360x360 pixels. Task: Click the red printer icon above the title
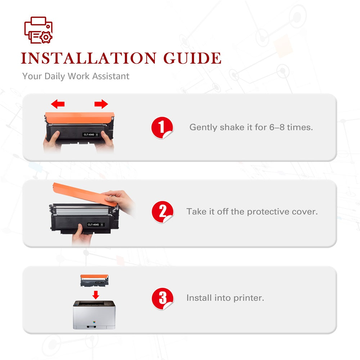coord(39,30)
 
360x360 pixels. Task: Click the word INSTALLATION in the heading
coord(89,58)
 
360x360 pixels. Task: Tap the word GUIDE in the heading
coord(192,58)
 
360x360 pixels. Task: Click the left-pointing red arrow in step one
coord(58,104)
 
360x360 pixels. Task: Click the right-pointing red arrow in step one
coord(101,104)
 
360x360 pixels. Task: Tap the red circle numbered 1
coord(162,128)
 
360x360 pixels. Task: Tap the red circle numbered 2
coord(163,212)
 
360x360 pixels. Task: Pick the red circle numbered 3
coord(163,298)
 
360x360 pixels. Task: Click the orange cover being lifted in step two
coord(85,194)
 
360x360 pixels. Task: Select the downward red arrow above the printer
coord(95,295)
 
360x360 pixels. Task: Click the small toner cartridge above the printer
coord(94,281)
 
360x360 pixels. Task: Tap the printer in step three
coord(94,315)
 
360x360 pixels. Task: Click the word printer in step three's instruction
coord(249,298)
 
